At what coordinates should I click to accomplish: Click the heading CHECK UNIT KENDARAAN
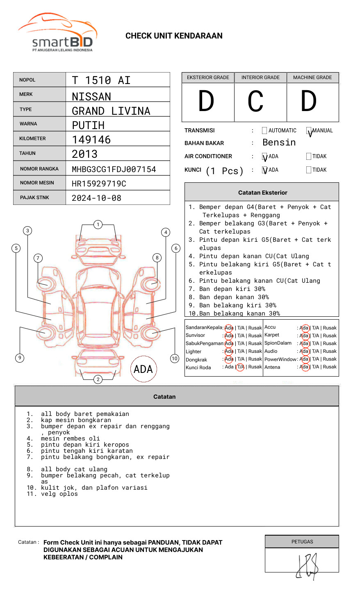[174, 36]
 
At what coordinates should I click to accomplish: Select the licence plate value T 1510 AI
[101, 80]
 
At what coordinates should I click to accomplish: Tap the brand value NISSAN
[91, 97]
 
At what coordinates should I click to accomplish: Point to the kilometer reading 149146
[91, 140]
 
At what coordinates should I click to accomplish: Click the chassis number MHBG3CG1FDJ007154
[114, 169]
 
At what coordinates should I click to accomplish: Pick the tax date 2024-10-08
[96, 198]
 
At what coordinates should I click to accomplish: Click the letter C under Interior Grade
[255, 102]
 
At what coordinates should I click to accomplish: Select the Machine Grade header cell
[312, 77]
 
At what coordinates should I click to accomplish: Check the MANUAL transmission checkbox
[309, 131]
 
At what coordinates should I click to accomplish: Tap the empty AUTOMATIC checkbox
[264, 131]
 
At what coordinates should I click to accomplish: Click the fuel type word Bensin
[279, 143]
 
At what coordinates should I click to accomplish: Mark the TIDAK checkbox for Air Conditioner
[309, 156]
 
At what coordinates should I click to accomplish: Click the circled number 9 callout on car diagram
[20, 358]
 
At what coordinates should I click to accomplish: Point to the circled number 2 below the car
[98, 379]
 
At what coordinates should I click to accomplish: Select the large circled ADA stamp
[143, 369]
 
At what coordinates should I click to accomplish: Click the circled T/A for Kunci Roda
[240, 367]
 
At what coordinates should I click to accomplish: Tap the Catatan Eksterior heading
[262, 193]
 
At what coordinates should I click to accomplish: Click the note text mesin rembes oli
[70, 438]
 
